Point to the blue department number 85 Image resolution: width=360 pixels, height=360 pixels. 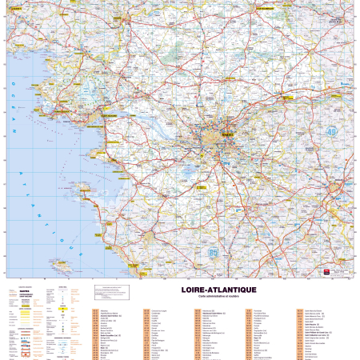click(214, 253)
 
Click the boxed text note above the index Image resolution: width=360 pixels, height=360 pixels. click(112, 293)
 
